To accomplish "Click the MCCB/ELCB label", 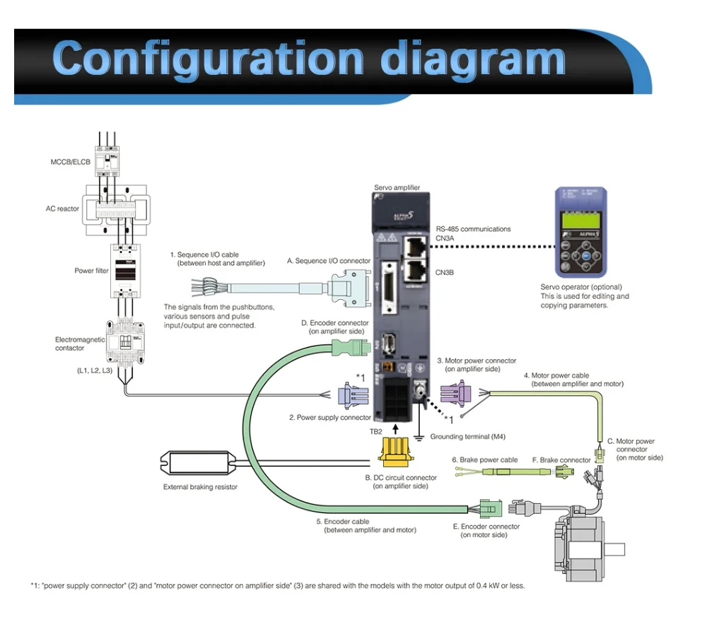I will pyautogui.click(x=71, y=162).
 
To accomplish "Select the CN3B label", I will pyautogui.click(x=445, y=272).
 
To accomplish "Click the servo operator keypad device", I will pyautogui.click(x=581, y=232).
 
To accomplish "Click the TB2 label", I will pyautogui.click(x=377, y=430).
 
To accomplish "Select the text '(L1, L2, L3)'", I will pyautogui.click(x=94, y=370).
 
